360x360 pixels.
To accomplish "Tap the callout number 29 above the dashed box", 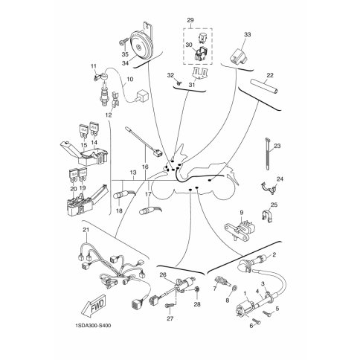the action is (190, 20).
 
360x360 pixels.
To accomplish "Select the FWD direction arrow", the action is (94, 306).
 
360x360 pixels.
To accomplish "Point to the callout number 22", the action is (269, 75).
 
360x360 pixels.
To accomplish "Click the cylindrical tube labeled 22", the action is (264, 86).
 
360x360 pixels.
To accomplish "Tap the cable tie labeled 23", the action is (267, 154).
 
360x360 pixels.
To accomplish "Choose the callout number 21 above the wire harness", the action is (86, 230).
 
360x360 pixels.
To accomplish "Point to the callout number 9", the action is (242, 212).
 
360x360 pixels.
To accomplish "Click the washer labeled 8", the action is (234, 289).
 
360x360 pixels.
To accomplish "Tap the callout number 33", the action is (247, 34).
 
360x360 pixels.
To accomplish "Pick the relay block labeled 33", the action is (238, 57).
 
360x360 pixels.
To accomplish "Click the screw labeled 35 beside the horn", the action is (123, 41).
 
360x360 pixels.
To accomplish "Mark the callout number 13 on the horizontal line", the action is (133, 173).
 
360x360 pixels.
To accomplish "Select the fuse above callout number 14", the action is (93, 129).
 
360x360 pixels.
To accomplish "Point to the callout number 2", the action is (274, 254).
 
